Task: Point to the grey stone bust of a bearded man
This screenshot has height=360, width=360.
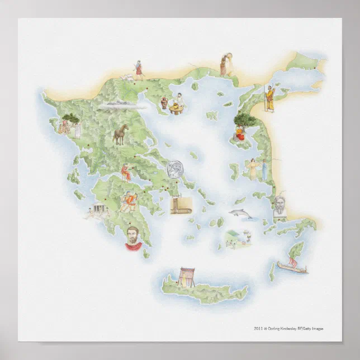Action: click(280, 207)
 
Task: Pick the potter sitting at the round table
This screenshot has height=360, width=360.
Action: click(180, 102)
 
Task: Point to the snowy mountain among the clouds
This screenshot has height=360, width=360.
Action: click(117, 103)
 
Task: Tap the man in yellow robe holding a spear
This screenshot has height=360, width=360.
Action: click(269, 98)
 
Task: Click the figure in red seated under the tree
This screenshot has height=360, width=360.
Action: click(239, 132)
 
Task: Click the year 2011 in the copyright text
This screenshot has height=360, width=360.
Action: click(258, 329)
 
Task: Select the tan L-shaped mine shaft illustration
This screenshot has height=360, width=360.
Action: click(180, 205)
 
